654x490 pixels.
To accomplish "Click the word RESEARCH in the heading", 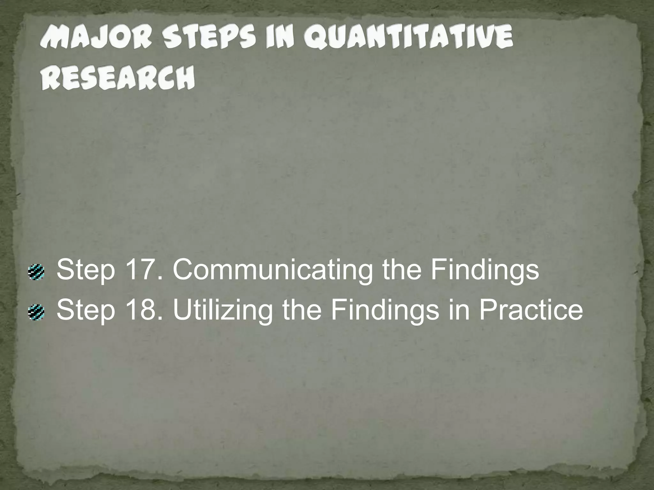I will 118,78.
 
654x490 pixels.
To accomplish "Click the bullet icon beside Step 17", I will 36,272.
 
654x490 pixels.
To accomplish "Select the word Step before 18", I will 86,310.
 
